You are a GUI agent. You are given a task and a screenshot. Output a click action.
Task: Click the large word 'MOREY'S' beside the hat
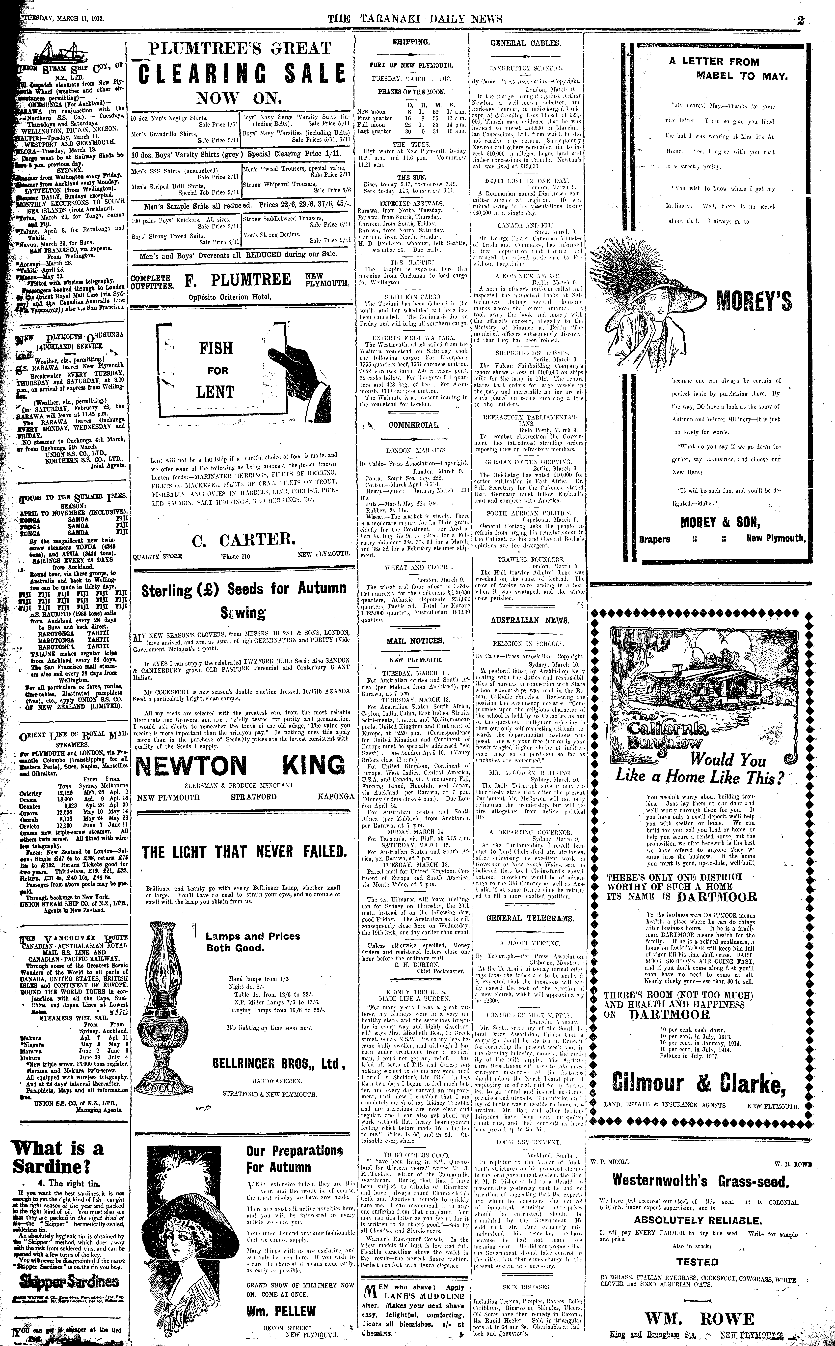coord(754,302)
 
